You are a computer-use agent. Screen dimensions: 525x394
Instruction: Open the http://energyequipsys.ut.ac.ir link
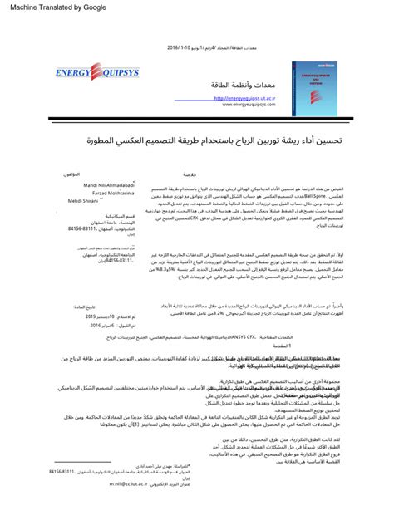click(x=245, y=98)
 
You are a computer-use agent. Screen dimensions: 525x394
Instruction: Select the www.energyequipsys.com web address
click(x=247, y=105)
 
